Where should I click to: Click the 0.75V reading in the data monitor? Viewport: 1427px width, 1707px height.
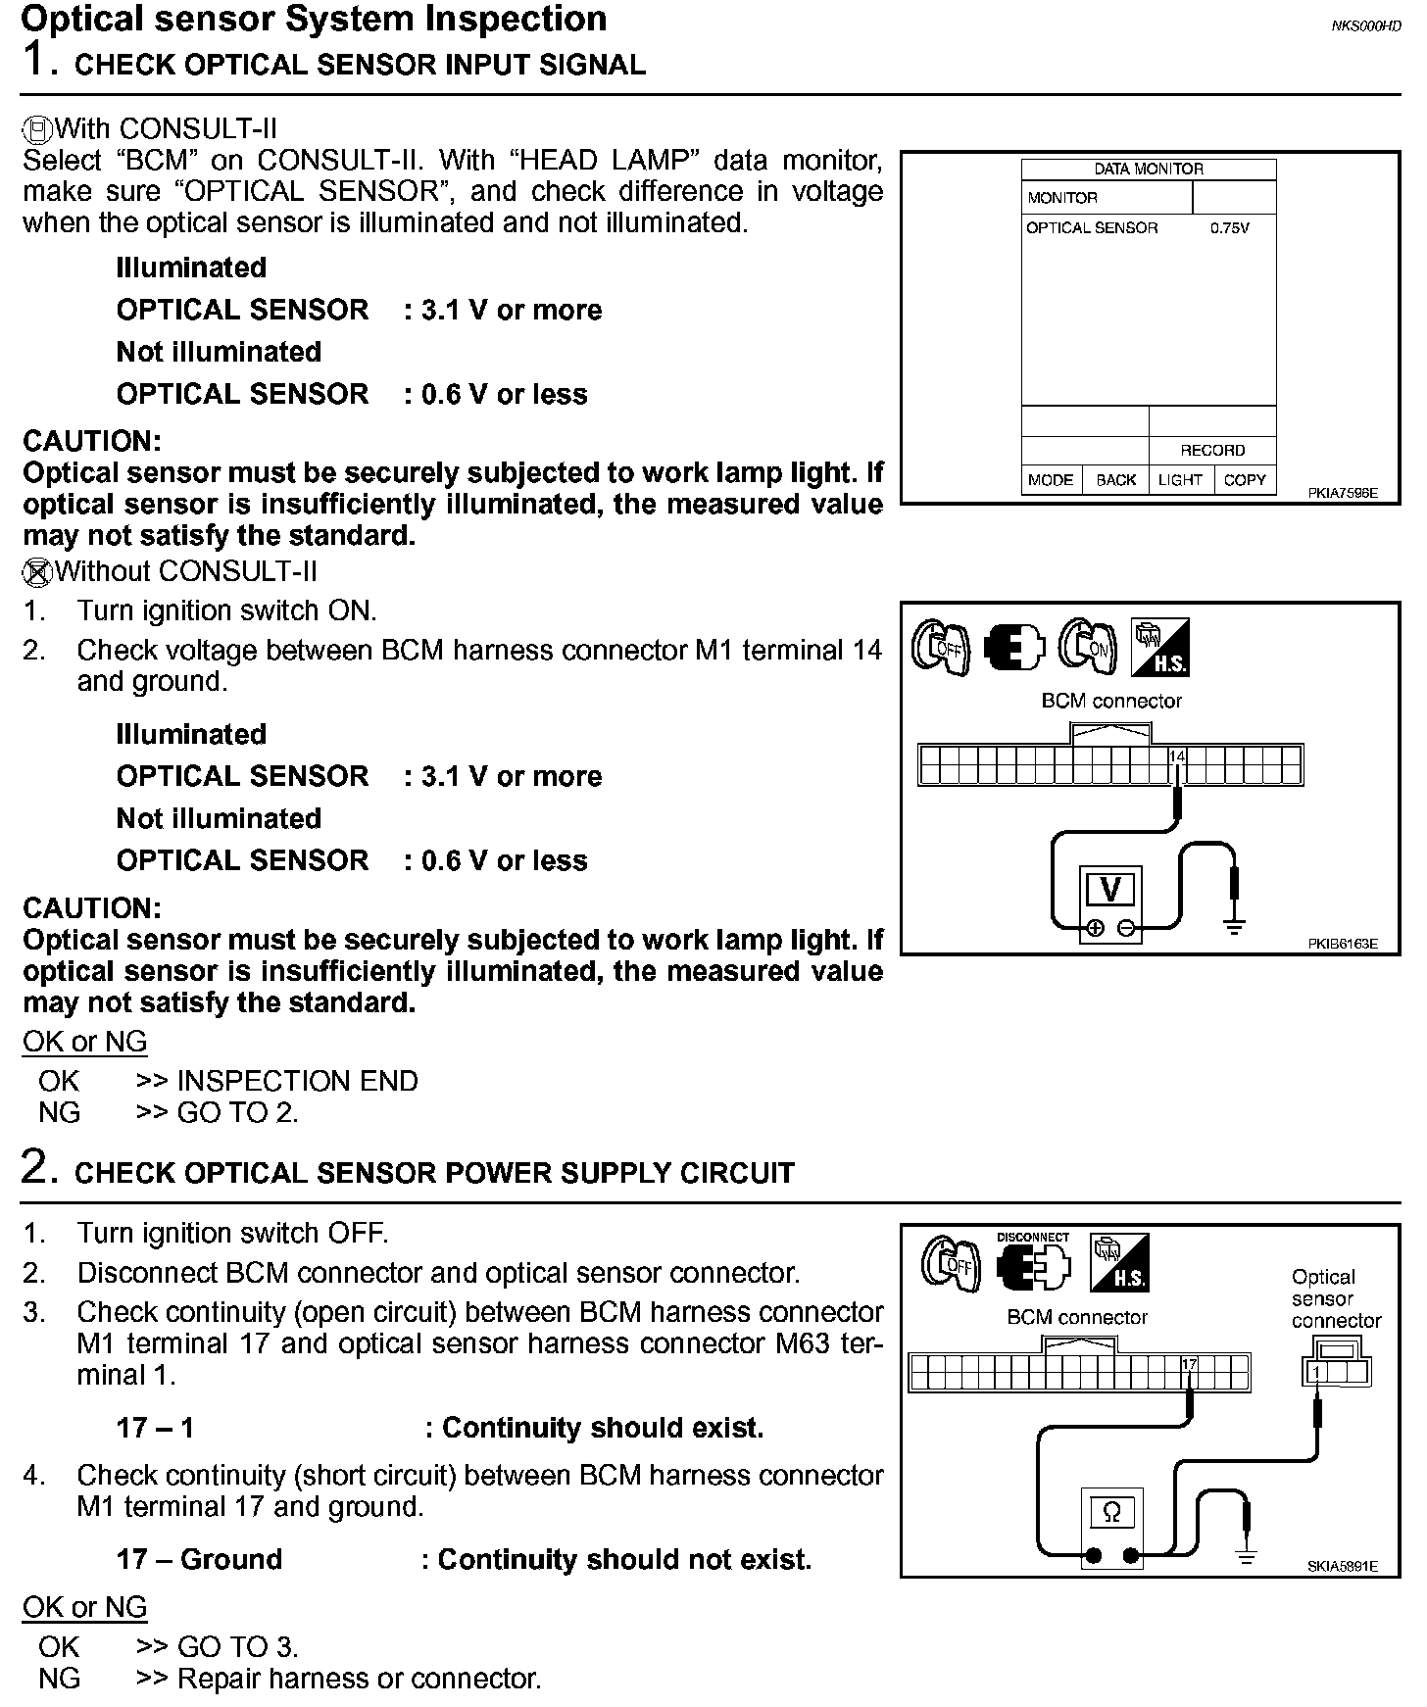(x=1229, y=228)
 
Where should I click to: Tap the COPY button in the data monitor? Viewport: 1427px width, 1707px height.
(x=1245, y=480)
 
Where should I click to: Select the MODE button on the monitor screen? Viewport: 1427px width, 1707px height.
(x=1051, y=480)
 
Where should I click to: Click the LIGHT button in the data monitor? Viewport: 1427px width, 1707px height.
(x=1180, y=480)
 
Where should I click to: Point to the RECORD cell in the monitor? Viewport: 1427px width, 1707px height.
(x=1212, y=451)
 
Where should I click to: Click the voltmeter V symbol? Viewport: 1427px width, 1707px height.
(x=1110, y=889)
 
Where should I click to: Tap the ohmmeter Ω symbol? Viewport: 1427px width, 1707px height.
(x=1111, y=1512)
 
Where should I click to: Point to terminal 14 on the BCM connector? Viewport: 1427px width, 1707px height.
(x=1177, y=757)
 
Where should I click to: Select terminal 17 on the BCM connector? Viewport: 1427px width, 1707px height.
(x=1189, y=1365)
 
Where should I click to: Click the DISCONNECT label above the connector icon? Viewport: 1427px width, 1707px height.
(x=1032, y=1238)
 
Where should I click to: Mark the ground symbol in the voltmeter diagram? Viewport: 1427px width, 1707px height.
(x=1234, y=926)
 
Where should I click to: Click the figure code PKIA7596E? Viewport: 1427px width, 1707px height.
(x=1342, y=494)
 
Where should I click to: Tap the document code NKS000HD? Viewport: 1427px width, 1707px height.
(x=1365, y=26)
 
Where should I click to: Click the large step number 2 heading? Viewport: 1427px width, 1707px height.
(x=35, y=1168)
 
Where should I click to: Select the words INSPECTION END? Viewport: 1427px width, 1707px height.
(x=297, y=1081)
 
